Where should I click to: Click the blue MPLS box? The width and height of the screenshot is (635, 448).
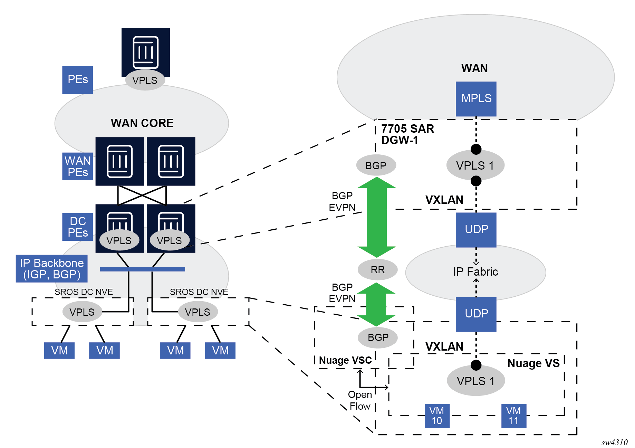476,99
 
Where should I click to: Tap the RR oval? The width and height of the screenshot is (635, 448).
377,269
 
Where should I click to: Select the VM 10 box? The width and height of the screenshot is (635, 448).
437,416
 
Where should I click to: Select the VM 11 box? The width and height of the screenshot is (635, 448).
513,416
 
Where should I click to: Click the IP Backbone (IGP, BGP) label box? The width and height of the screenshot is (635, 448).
51,269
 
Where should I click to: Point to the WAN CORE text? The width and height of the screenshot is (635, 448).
142,123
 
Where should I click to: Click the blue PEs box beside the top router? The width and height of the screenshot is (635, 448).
77,80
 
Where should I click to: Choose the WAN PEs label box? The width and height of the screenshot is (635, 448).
77,166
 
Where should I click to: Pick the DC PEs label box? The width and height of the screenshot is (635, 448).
77,227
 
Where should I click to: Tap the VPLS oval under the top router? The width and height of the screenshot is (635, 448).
145,80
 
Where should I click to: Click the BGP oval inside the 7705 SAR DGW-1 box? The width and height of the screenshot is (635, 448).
376,165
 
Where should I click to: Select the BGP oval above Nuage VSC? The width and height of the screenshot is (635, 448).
378,337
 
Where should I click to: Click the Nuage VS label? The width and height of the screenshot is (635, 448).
533,363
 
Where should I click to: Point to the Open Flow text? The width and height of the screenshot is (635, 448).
360,400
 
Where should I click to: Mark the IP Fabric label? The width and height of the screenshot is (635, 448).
475,272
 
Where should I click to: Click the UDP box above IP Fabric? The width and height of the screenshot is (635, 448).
476,229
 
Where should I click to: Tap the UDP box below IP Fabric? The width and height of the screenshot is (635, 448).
476,314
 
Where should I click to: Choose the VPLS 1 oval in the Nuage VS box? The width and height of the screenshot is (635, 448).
475,381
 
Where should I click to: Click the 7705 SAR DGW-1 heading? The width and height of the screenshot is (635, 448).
407,134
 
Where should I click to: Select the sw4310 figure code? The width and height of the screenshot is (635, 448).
614,442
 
